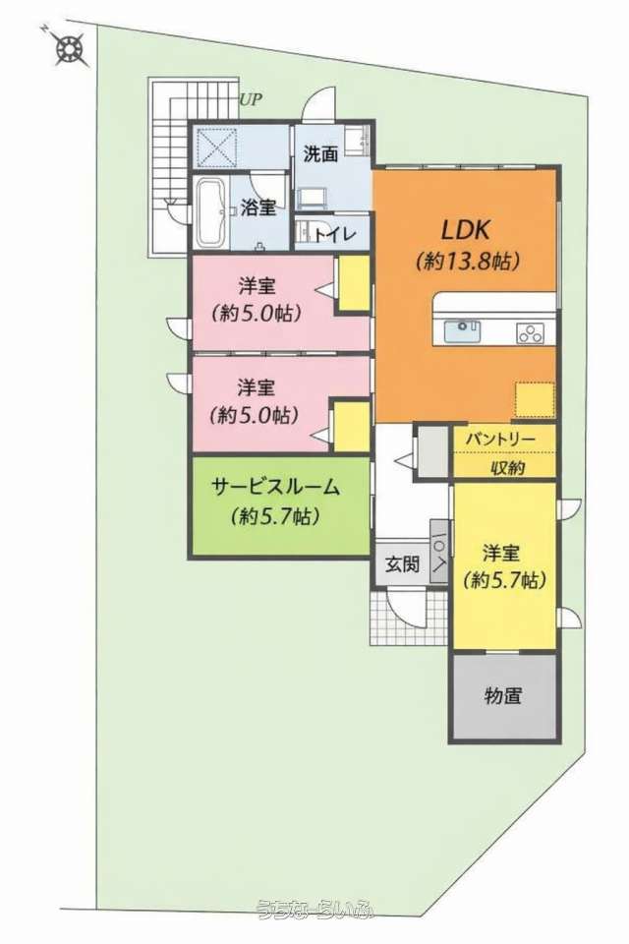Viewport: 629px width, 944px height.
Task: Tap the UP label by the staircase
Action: pos(252,99)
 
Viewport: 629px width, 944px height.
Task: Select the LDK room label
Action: pos(467,229)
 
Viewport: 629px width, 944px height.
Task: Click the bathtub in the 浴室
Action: pos(211,213)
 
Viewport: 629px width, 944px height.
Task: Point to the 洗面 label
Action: pos(320,154)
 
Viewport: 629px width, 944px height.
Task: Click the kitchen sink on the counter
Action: pos(462,331)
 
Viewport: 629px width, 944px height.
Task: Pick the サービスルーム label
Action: pos(276,487)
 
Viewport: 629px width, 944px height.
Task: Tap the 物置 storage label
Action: pos(502,696)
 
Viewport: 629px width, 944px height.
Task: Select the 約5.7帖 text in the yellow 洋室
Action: pos(505,580)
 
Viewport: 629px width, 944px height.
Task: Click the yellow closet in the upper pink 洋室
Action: pos(354,283)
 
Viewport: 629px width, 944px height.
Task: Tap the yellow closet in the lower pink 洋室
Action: pos(351,426)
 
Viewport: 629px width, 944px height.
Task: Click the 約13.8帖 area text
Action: pos(467,262)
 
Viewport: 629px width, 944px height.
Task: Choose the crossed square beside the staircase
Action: pos(215,147)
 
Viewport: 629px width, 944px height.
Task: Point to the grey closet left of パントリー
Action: pos(433,451)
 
